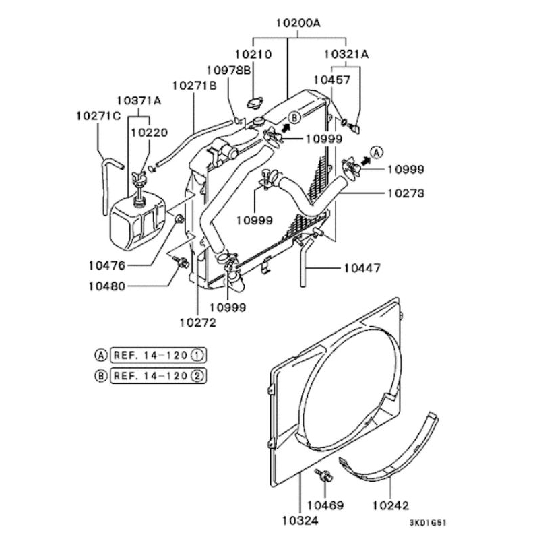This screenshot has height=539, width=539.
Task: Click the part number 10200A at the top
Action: (298, 23)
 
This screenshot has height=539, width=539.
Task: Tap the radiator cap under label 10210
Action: (255, 103)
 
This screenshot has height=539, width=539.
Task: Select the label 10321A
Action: (346, 54)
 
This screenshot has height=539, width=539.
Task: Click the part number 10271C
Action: (98, 116)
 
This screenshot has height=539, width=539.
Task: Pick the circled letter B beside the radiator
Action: (294, 117)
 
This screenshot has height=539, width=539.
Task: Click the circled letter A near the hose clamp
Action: (377, 152)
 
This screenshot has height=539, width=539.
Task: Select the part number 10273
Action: (406, 193)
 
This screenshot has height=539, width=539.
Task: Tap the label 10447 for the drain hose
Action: (362, 267)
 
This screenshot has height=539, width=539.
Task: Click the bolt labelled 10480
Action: (181, 262)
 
